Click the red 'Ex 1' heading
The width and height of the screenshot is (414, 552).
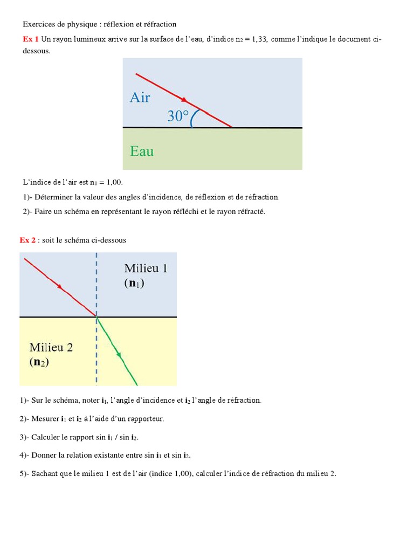click(x=31, y=39)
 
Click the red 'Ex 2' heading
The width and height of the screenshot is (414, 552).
click(x=27, y=240)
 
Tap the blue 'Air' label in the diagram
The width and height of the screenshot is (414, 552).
click(x=140, y=98)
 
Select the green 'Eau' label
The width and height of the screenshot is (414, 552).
click(x=142, y=151)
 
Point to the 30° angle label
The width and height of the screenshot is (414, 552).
click(x=178, y=116)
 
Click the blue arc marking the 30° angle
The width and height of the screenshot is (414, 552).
click(x=194, y=118)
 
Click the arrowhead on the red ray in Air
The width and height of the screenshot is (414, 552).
click(x=184, y=100)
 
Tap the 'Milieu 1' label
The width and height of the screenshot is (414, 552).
click(x=146, y=268)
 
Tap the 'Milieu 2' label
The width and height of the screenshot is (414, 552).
click(x=51, y=348)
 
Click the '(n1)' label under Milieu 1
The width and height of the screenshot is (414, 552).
click(x=134, y=283)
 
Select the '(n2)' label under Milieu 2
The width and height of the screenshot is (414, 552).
click(x=39, y=362)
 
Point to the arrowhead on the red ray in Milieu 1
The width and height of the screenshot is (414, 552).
click(x=60, y=287)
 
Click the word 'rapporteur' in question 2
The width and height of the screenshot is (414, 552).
click(x=146, y=419)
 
